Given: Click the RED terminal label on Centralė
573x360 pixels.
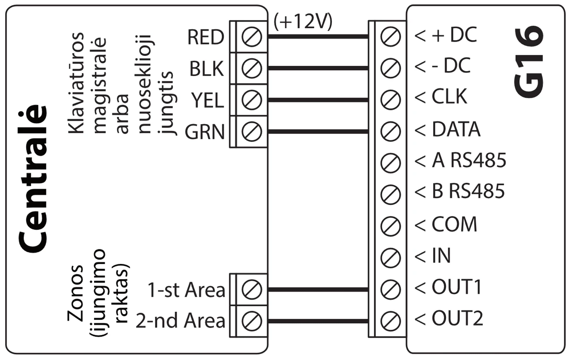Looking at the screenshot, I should click(x=205, y=37).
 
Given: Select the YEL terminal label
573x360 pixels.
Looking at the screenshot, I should click(x=208, y=100).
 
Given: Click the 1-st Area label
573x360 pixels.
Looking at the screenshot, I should click(x=186, y=290).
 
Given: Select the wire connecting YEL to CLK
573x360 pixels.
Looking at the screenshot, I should click(x=318, y=100).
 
